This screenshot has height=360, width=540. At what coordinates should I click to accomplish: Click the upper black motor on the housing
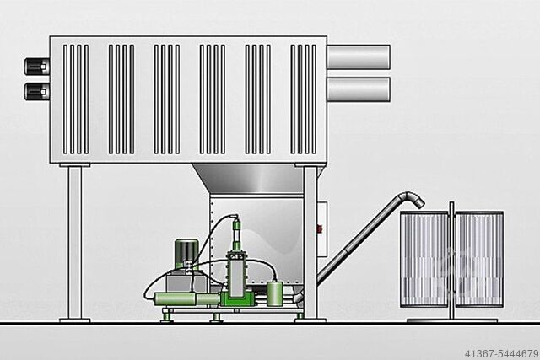(37, 67)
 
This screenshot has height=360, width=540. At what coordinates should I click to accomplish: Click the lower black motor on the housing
(37, 92)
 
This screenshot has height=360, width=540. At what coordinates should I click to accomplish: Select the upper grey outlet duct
(358, 56)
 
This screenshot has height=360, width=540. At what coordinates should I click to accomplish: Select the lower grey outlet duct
(358, 89)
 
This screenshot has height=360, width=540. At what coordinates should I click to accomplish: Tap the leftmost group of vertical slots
(76, 99)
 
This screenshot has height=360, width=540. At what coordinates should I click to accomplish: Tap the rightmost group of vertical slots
(304, 99)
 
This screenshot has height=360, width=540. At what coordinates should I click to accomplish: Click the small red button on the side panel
(319, 228)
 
